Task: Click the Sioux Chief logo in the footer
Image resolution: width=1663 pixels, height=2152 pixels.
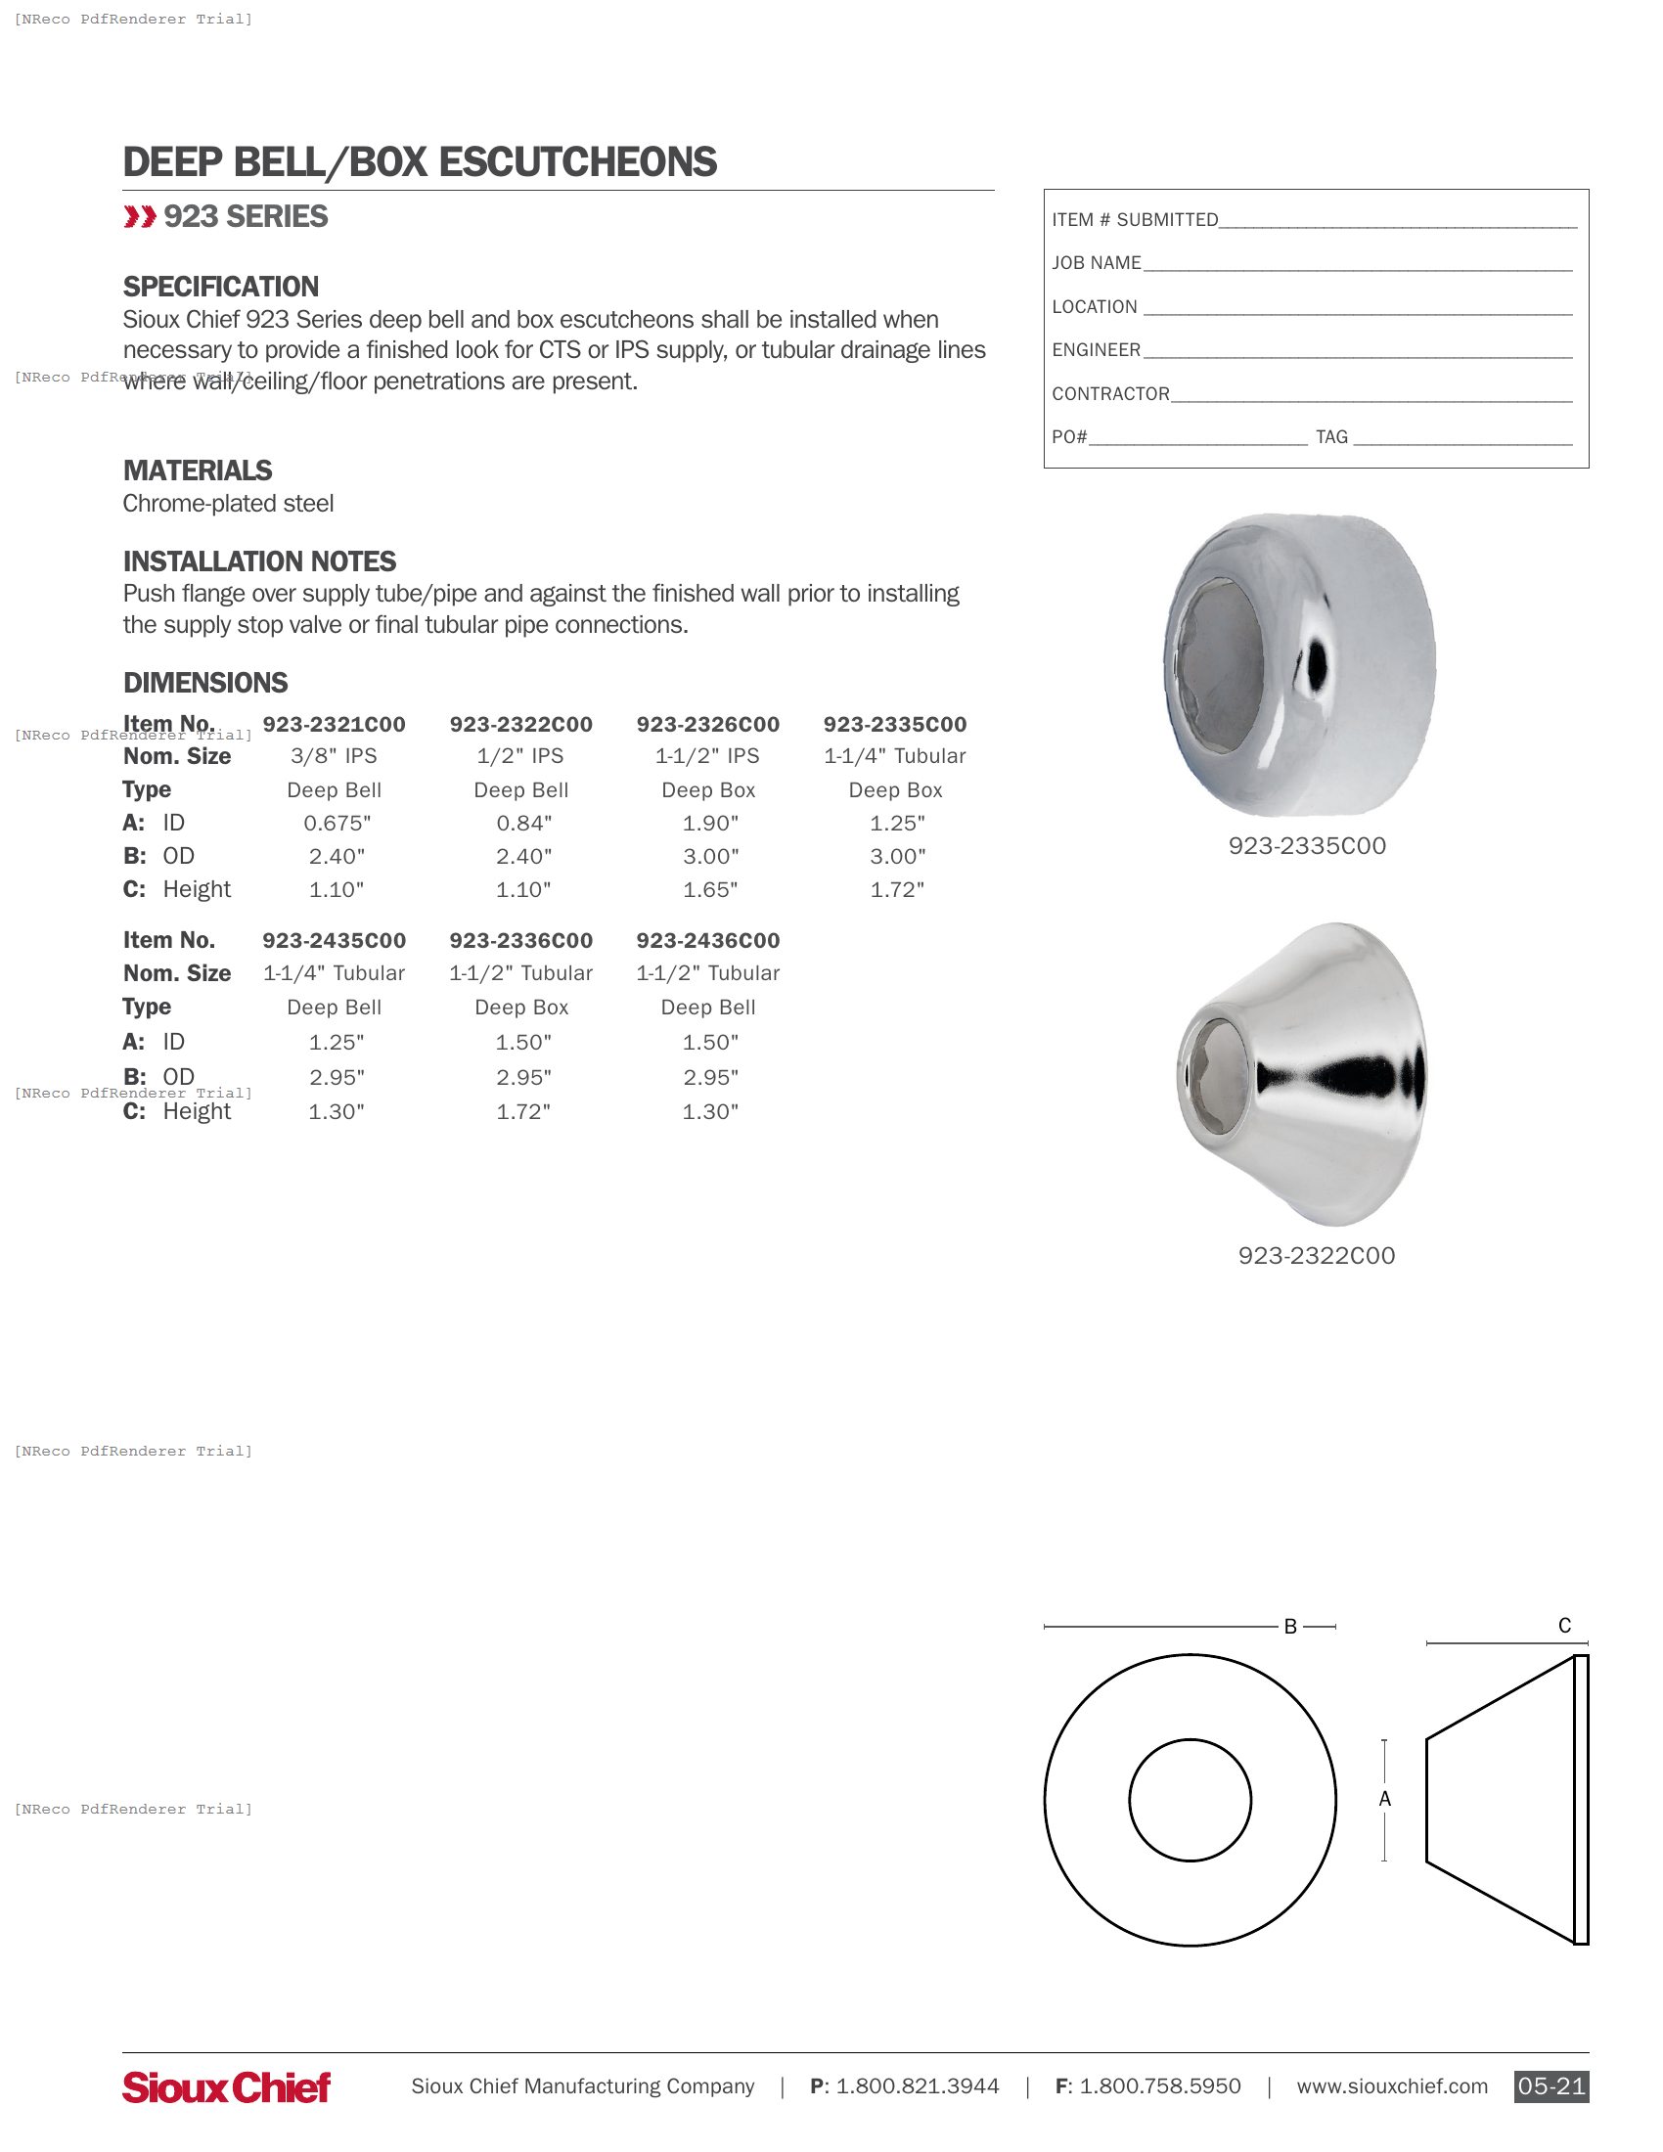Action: tap(226, 2087)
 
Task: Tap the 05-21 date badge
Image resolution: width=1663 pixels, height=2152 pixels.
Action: tap(1551, 2086)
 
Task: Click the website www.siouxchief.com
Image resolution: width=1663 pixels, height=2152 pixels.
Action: tap(1391, 2086)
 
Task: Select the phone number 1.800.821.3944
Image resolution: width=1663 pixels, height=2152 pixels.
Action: tap(917, 2086)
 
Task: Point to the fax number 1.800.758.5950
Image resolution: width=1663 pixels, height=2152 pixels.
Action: tap(1159, 2086)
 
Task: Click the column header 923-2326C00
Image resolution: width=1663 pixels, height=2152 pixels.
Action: tap(707, 724)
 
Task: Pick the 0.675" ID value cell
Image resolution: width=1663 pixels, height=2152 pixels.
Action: tap(336, 823)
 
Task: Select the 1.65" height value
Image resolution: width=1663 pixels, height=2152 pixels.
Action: tap(709, 890)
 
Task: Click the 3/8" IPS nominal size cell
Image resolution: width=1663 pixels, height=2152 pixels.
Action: tap(334, 756)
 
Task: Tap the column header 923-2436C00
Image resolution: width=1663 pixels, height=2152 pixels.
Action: tap(707, 940)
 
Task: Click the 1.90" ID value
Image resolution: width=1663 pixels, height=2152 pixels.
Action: tap(709, 823)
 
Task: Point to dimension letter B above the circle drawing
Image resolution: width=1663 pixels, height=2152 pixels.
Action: tap(1289, 1627)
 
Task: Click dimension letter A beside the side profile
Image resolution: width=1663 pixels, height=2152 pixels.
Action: tap(1384, 1798)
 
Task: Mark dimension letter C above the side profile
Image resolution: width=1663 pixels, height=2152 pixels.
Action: tap(1563, 1625)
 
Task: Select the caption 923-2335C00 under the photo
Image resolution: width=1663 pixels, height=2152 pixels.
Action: tap(1306, 845)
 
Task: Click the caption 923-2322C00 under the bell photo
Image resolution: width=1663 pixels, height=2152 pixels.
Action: tap(1316, 1255)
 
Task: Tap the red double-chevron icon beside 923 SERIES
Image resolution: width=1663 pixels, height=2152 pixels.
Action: tap(140, 217)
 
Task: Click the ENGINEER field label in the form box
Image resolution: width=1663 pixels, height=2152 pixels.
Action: tap(1096, 350)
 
